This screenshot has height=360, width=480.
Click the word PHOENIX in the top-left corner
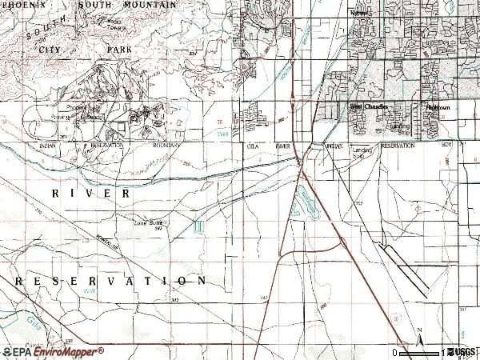point(22,6)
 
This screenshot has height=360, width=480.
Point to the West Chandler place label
point(367,106)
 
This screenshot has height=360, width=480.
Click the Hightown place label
point(438,106)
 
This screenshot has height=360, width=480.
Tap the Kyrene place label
point(362,14)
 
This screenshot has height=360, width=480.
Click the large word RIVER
point(91,194)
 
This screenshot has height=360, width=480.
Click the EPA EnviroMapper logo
point(53,351)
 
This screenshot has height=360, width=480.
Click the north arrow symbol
point(418,335)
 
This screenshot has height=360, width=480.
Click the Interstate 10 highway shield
point(395,318)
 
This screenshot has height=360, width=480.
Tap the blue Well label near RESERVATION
point(87,293)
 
